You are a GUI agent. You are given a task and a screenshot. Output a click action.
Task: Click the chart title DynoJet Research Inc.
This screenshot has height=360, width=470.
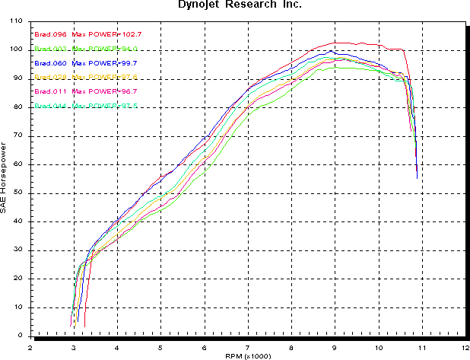(x=235, y=5)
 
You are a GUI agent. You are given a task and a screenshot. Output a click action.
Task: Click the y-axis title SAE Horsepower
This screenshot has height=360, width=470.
(x=5, y=179)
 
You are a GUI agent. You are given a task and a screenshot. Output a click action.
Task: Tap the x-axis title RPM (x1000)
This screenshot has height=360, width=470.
(x=247, y=355)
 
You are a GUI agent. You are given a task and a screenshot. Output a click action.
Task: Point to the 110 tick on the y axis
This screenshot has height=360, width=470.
(x=17, y=21)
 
